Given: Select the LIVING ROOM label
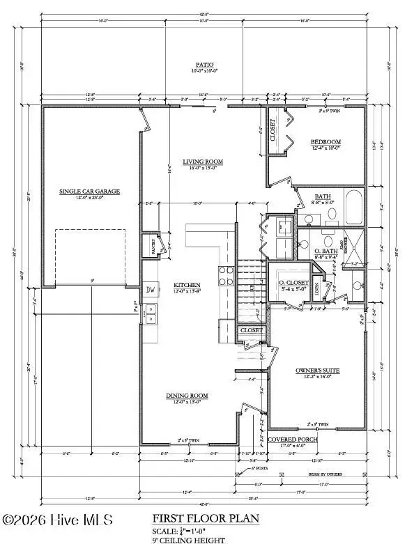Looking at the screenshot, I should tap(204, 162).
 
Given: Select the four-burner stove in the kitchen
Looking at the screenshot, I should tap(227, 277).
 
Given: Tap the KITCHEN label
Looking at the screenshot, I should tap(187, 286).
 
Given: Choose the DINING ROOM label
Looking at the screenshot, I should tap(187, 396).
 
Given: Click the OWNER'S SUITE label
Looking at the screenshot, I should tap(317, 371).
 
